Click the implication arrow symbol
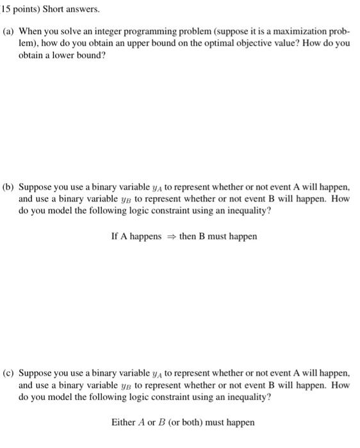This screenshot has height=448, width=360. point(171,237)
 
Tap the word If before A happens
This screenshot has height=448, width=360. point(115,236)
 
